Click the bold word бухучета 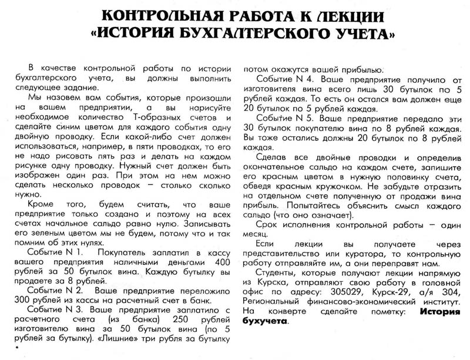[x=265, y=321]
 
